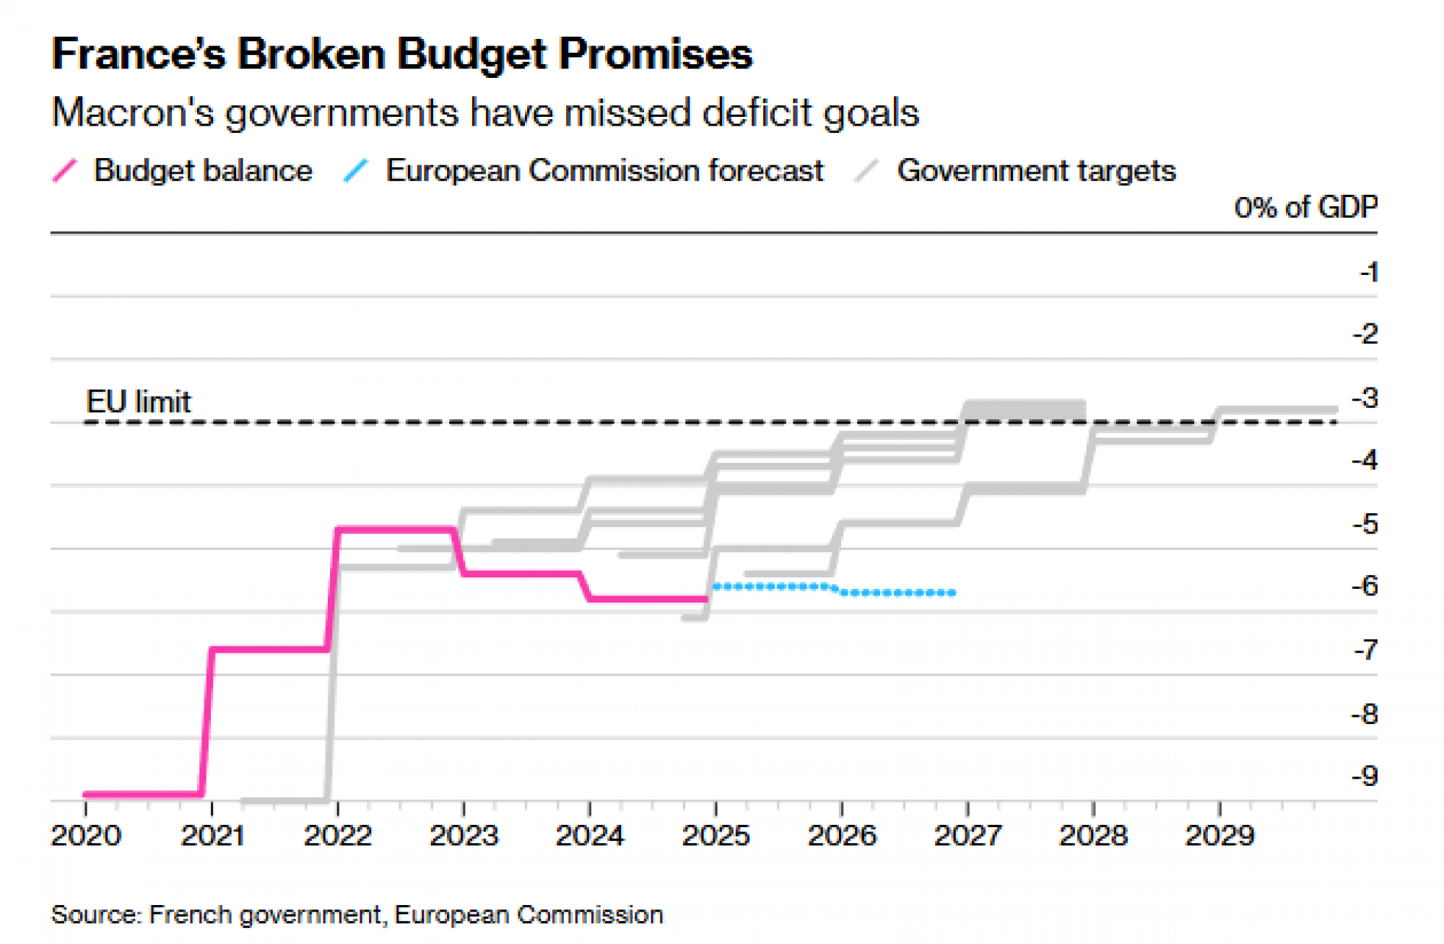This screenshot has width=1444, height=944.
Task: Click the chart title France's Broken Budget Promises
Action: [401, 54]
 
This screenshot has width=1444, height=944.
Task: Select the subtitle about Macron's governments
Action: [485, 113]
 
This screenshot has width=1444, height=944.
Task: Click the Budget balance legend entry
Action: [203, 171]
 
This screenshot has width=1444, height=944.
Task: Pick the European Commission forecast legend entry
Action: [604, 171]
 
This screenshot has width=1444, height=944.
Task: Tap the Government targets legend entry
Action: [1035, 171]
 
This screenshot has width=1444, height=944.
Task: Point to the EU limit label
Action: [139, 402]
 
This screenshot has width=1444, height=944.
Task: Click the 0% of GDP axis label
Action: [1305, 208]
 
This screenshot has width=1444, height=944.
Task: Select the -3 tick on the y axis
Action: [1364, 398]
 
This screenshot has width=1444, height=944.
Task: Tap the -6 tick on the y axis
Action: [1364, 585]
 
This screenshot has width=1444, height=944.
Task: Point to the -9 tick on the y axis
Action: [1364, 776]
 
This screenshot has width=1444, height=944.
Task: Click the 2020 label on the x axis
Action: [86, 836]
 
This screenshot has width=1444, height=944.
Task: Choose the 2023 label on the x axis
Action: [464, 836]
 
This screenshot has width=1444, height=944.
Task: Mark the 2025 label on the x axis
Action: [716, 836]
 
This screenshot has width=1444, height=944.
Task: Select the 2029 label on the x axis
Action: [1219, 836]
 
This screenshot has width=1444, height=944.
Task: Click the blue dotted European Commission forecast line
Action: [895, 593]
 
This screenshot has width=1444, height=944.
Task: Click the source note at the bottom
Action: [357, 915]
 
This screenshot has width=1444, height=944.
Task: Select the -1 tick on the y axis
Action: [1367, 272]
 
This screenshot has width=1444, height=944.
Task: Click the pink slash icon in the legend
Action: [65, 171]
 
